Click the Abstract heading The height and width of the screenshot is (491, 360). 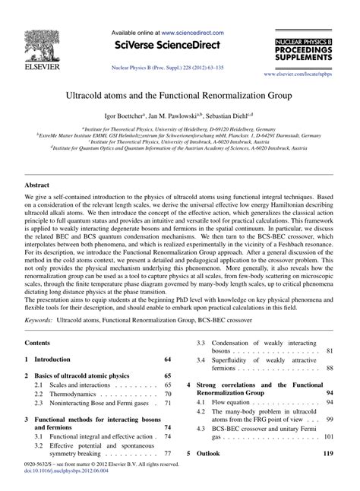click(39, 184)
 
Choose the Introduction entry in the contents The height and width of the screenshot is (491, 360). click(54, 359)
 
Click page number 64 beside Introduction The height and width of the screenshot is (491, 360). click(167, 359)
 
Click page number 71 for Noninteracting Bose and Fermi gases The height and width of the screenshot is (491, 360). click(167, 404)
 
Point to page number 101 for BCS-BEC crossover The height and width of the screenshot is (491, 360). click(328, 459)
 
